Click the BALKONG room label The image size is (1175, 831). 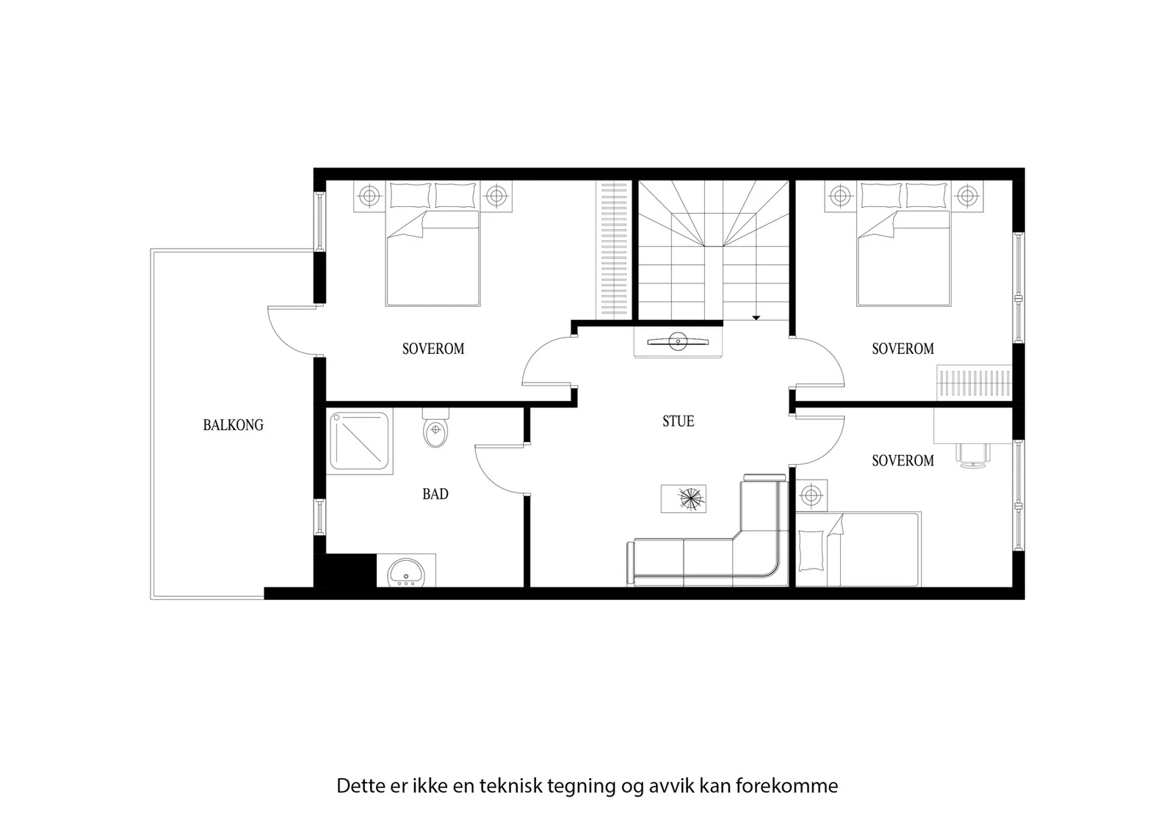[x=234, y=424]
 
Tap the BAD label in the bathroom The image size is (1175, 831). [x=435, y=494]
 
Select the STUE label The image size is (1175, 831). [x=679, y=421]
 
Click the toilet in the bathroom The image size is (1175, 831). [x=435, y=428]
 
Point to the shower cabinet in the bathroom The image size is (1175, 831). [x=360, y=441]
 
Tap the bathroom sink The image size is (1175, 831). [x=406, y=571]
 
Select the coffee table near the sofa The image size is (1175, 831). [x=684, y=498]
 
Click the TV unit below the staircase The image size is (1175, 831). [x=679, y=342]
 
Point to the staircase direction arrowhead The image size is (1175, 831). [x=756, y=317]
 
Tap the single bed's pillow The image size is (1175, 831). [x=811, y=551]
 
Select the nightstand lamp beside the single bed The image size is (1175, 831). [x=811, y=494]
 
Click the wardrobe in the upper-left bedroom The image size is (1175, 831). [x=612, y=250]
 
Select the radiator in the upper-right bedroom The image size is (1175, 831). [x=974, y=383]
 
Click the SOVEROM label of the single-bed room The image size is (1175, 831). [x=903, y=460]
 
